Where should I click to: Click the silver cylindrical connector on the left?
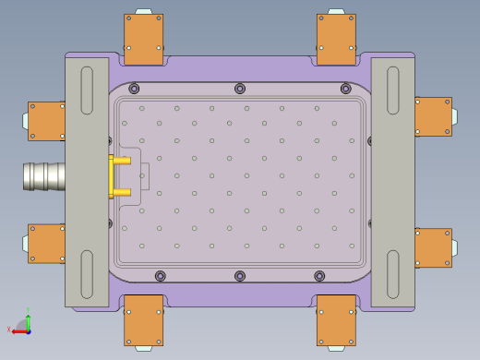[42, 175]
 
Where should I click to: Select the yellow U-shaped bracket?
[118, 176]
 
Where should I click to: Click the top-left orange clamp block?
[144, 40]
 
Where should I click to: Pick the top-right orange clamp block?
[336, 40]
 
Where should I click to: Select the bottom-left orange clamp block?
[144, 320]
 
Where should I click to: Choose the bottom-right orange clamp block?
[336, 320]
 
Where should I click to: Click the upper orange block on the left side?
[47, 120]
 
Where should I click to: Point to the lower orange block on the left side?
[47, 243]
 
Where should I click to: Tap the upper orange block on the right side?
[432, 117]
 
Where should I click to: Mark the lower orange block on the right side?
[432, 247]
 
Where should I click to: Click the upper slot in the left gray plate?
[87, 90]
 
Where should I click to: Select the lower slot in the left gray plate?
[87, 274]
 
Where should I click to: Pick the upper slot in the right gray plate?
[393, 90]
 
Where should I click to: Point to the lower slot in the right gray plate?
[393, 274]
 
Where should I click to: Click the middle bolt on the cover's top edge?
[240, 89]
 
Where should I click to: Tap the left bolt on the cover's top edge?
[135, 89]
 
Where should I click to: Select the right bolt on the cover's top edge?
[345, 90]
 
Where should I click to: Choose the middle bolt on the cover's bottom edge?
[240, 276]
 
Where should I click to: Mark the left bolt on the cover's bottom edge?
[161, 276]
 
